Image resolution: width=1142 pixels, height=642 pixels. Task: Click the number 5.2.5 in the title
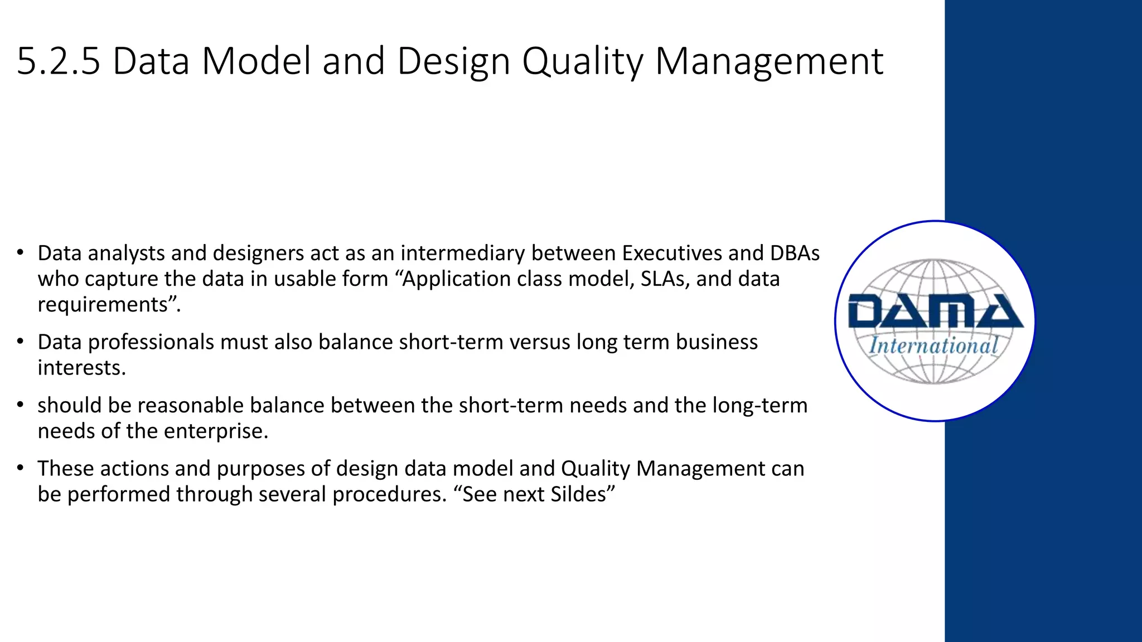[x=59, y=61]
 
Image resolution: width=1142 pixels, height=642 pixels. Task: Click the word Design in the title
[x=453, y=61]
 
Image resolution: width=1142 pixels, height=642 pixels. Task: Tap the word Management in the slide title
[x=769, y=61]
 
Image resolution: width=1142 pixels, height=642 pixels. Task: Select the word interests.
[x=81, y=368]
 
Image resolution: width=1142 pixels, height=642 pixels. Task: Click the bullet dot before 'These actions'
[x=20, y=468]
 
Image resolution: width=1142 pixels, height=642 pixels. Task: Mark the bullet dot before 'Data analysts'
[x=20, y=252]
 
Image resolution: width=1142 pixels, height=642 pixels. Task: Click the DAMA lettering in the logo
[x=935, y=312]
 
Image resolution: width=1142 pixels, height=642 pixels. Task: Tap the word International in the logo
[x=933, y=346]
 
